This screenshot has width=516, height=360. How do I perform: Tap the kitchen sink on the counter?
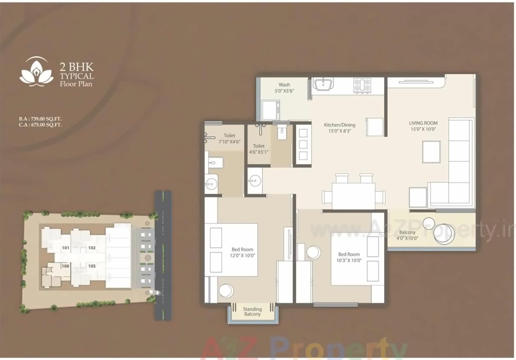tap(323, 85)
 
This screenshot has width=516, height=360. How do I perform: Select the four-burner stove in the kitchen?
tap(362, 85)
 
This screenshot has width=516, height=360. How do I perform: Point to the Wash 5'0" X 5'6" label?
tap(284, 88)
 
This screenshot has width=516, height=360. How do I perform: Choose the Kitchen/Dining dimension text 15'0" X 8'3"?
tap(340, 131)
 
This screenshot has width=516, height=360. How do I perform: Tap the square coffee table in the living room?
tap(431, 152)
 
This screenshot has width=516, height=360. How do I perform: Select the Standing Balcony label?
tap(252, 312)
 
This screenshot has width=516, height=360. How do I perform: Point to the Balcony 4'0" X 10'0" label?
tap(407, 235)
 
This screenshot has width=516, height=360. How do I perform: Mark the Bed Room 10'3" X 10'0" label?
tap(349, 257)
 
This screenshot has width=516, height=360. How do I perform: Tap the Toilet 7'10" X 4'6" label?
tap(229, 139)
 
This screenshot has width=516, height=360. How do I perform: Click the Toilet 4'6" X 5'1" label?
tap(258, 149)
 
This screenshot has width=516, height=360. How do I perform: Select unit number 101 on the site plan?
tap(65, 248)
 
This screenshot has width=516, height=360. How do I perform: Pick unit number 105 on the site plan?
tap(92, 266)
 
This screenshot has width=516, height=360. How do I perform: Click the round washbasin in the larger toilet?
tap(212, 183)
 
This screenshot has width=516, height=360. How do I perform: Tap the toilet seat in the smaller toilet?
tap(282, 132)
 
